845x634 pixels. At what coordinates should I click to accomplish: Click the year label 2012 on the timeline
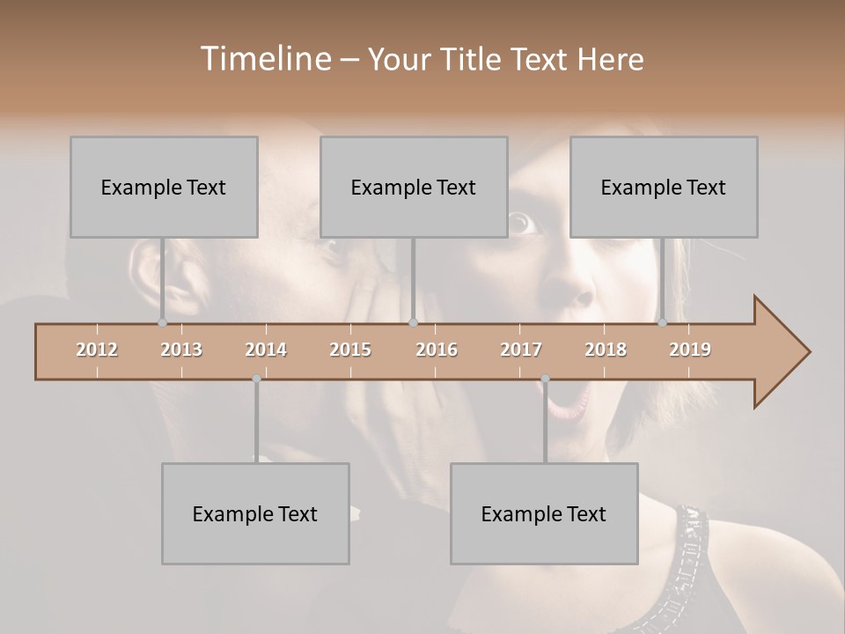97,350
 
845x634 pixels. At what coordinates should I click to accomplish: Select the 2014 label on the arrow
266,350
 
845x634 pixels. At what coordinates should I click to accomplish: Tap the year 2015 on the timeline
350,350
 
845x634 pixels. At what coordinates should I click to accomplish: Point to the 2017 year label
521,350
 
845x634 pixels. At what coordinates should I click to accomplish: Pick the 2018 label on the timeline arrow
606,350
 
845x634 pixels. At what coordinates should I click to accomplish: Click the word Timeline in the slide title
265,59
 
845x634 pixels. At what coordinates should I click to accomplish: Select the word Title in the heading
473,60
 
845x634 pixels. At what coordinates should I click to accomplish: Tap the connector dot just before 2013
162,323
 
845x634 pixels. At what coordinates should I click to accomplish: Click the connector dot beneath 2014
256,379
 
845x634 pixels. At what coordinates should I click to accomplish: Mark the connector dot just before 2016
413,323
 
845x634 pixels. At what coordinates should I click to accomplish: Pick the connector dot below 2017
545,379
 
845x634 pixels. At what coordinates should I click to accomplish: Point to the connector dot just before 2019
662,323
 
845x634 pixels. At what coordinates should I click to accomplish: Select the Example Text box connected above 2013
164,187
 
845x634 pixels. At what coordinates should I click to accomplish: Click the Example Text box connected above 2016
414,187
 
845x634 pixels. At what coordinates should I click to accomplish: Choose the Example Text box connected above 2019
664,187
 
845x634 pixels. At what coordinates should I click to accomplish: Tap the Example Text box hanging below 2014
255,513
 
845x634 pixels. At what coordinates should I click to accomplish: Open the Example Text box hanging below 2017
544,513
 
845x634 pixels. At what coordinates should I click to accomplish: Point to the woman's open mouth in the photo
571,400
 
